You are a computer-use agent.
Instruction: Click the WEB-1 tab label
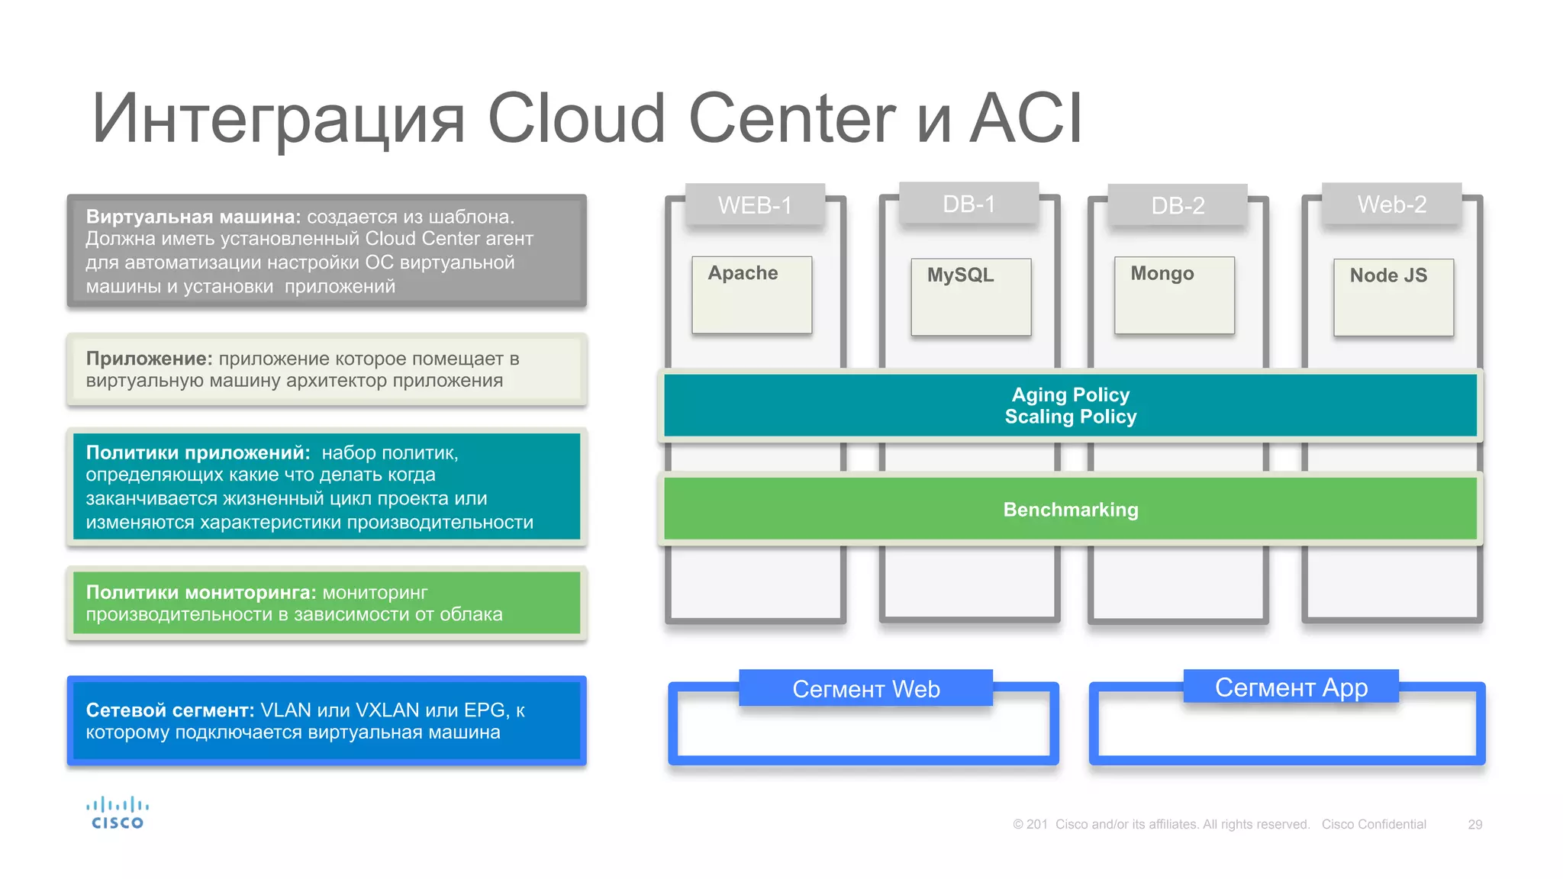(755, 205)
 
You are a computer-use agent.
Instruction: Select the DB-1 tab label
(968, 204)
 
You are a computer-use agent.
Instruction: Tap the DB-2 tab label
(1178, 205)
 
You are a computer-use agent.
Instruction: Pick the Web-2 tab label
(1391, 204)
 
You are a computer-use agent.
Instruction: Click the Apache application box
(752, 295)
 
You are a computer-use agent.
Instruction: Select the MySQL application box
(971, 297)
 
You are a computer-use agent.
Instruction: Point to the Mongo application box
(1174, 295)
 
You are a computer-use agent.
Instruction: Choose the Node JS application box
(1393, 297)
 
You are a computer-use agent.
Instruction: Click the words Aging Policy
(1070, 394)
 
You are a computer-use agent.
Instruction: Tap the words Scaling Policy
(1070, 417)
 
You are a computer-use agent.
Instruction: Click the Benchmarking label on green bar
(1070, 510)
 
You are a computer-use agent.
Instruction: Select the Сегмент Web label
(865, 689)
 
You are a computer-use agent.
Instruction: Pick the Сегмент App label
(1291, 687)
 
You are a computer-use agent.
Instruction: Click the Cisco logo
(117, 813)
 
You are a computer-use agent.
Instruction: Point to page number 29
(1474, 825)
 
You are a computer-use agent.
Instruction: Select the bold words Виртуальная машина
(193, 217)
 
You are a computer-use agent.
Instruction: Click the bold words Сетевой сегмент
(169, 710)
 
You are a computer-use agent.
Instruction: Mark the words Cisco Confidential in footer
(1373, 825)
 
